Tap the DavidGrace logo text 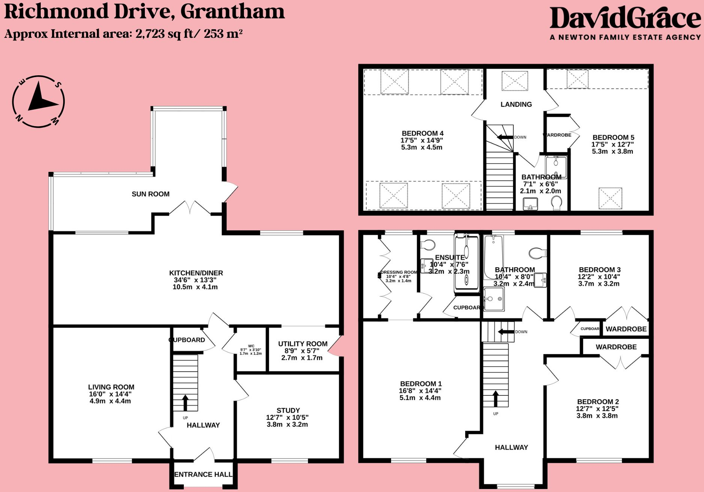pyautogui.click(x=625, y=18)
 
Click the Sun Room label pyautogui.click(x=150, y=194)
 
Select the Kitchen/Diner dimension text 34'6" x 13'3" pyautogui.click(x=195, y=280)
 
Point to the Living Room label pyautogui.click(x=111, y=387)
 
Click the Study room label pyautogui.click(x=288, y=410)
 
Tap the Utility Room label pyautogui.click(x=302, y=344)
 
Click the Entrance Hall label pyautogui.click(x=203, y=474)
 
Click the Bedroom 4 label pyautogui.click(x=423, y=133)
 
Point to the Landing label pyautogui.click(x=516, y=104)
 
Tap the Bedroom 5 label pyautogui.click(x=613, y=137)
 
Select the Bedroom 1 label pyautogui.click(x=421, y=384)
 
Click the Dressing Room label pyautogui.click(x=399, y=272)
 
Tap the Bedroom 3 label pyautogui.click(x=600, y=270)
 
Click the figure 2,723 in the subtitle pyautogui.click(x=150, y=34)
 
